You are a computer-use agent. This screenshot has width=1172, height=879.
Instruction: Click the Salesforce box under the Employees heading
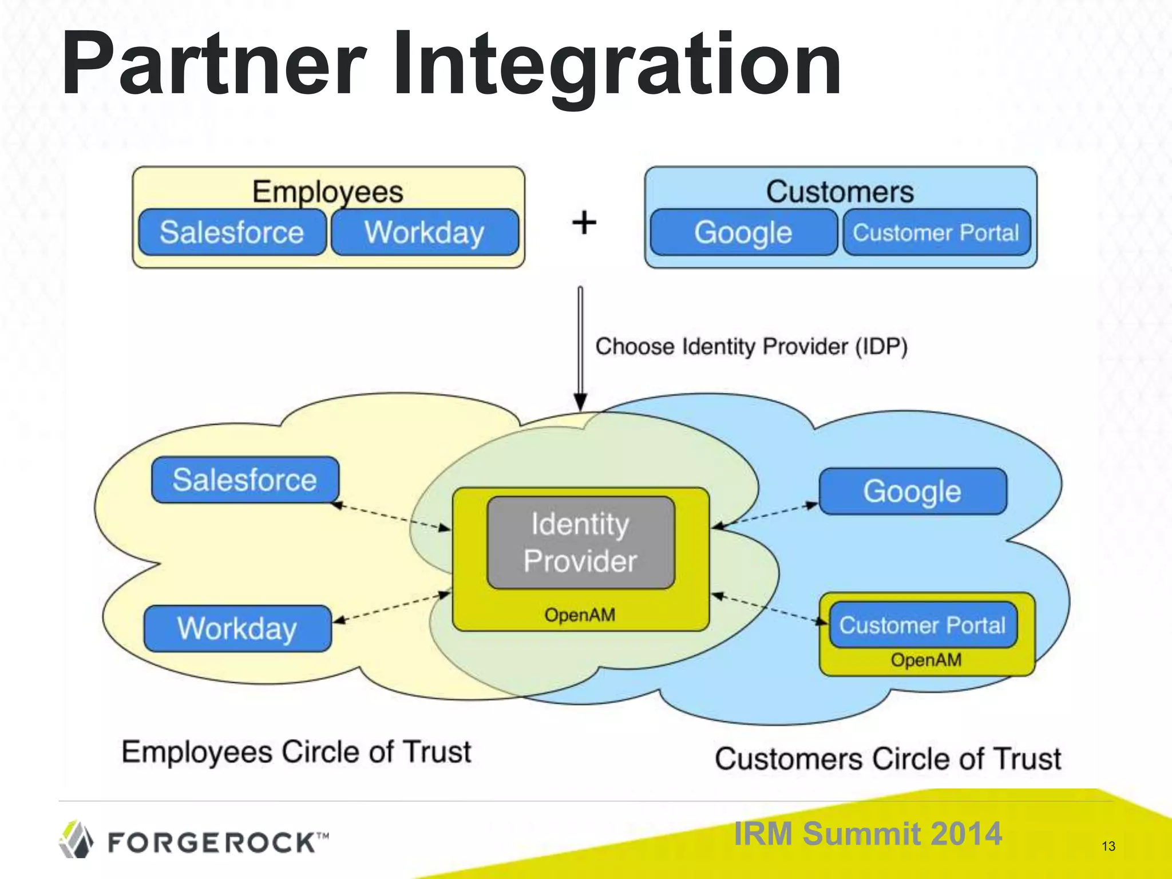point(232,232)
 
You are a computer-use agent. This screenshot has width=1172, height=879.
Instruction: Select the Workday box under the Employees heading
point(425,232)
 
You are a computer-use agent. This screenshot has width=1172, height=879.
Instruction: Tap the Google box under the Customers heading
point(743,232)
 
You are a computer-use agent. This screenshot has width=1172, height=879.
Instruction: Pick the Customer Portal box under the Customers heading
point(936,232)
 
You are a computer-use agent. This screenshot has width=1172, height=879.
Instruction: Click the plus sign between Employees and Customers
point(584,223)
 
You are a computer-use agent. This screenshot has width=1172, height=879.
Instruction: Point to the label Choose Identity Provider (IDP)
point(751,347)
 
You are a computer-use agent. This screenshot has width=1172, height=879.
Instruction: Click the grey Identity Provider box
point(580,542)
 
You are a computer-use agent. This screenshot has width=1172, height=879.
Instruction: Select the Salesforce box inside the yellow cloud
point(245,480)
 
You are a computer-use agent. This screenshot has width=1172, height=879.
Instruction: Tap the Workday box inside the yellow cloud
point(237,628)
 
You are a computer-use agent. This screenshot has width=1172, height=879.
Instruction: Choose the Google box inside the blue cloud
point(912,492)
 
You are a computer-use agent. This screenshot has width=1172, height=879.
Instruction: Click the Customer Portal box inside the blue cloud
point(922,625)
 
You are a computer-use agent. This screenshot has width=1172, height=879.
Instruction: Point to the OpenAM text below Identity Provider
point(580,615)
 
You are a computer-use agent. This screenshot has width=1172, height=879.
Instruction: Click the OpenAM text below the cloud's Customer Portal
point(926,660)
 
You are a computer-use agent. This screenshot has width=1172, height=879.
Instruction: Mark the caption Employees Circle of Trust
point(296,752)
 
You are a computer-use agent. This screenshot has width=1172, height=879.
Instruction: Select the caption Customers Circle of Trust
point(888,759)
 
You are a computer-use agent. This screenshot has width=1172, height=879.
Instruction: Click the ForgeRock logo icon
point(76,840)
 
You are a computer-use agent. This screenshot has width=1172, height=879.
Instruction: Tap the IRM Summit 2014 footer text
point(868,833)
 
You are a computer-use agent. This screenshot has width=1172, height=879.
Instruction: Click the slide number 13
point(1108,846)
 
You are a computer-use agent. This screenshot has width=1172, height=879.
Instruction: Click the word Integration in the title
point(617,64)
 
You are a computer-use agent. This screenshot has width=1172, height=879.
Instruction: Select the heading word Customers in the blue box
point(840,192)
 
